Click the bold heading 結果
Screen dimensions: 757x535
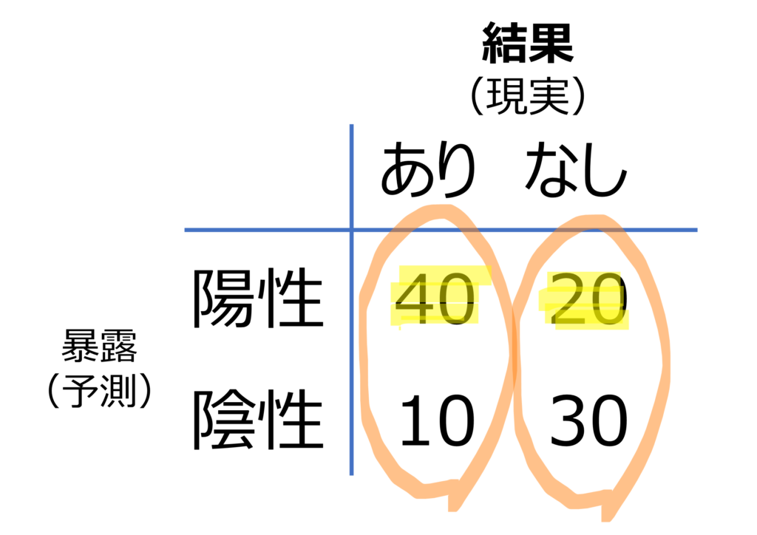(528, 43)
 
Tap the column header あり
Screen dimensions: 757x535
(428, 168)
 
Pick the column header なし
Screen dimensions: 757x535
(576, 168)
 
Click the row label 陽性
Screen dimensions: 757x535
(258, 299)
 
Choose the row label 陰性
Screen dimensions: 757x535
(258, 420)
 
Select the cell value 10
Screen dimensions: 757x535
(437, 420)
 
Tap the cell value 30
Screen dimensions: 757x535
(588, 420)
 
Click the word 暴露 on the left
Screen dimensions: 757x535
(100, 346)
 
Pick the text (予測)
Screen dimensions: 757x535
(100, 389)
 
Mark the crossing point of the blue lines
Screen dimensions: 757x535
(351, 230)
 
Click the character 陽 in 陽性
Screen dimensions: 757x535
(224, 299)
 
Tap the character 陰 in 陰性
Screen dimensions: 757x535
(224, 420)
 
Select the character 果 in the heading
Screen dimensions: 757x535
(551, 43)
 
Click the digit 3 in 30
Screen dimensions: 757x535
(568, 420)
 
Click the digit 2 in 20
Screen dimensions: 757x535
(567, 299)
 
